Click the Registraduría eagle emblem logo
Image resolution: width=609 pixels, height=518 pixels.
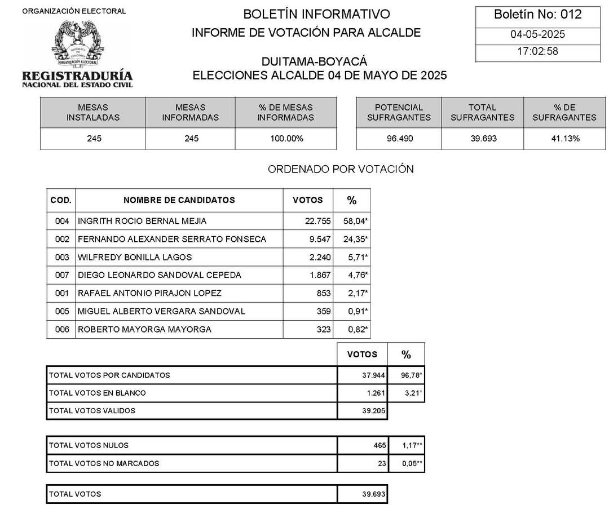[77, 43]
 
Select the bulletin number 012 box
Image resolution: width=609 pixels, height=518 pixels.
[537, 15]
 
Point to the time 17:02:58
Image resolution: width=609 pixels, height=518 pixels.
[537, 52]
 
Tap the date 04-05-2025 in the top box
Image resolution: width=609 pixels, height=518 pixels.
[537, 34]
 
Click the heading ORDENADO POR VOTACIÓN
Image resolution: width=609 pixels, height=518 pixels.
[340, 169]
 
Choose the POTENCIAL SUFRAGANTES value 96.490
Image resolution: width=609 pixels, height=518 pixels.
[398, 138]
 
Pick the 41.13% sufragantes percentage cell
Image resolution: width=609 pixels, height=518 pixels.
[564, 138]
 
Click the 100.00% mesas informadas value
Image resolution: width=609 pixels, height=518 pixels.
[285, 138]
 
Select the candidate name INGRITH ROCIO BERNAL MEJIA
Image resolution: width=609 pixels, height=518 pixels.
[142, 221]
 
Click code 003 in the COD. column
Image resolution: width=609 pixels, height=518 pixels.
[62, 257]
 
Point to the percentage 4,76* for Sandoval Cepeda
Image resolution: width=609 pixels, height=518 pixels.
[356, 275]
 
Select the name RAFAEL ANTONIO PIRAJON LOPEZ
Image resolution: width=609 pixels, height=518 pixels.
[149, 293]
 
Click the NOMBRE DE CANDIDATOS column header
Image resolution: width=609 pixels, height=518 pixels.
[179, 200]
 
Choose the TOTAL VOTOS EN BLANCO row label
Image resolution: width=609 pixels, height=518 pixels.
[98, 393]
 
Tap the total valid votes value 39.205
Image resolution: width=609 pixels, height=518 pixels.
[374, 411]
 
